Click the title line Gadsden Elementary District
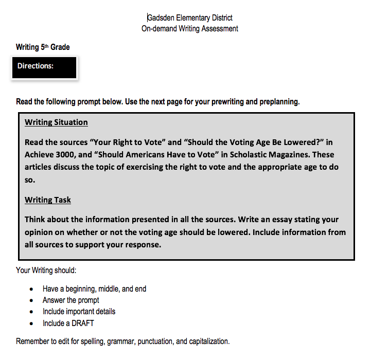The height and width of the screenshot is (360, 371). point(190,18)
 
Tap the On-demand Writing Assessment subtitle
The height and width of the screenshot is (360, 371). point(190,29)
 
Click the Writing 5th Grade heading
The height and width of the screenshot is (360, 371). point(43,47)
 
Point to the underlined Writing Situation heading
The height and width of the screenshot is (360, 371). point(56,122)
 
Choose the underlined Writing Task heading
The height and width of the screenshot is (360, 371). point(48,200)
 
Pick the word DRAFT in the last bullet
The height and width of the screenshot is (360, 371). point(83,323)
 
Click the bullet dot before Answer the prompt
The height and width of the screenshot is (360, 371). point(32,300)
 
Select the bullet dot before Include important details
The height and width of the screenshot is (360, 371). point(32,312)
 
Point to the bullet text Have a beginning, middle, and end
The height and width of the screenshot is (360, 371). point(95,289)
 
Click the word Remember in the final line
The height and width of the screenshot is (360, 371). point(32,341)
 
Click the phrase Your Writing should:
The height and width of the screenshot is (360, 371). point(46,271)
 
